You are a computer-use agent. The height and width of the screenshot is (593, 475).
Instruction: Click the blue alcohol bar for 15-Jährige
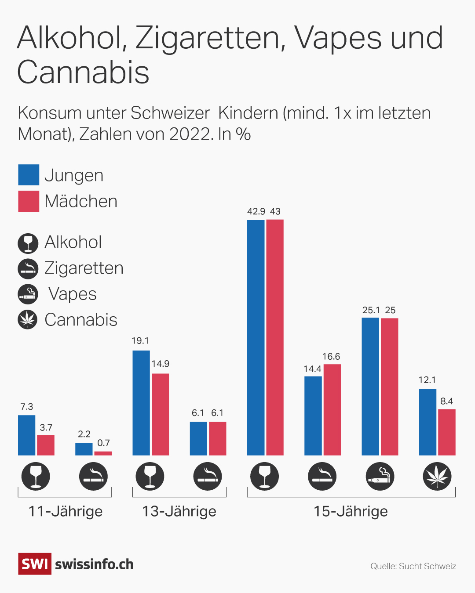pos(256,337)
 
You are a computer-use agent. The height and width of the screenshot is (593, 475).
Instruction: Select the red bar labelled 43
pos(275,337)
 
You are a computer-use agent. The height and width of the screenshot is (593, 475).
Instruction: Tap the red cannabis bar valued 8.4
pos(446,432)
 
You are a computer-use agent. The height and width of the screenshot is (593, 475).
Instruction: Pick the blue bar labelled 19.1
pos(141,403)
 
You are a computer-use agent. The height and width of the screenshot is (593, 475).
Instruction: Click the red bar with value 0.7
pos(103,453)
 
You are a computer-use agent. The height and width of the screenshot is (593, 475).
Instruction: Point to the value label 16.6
pos(331,357)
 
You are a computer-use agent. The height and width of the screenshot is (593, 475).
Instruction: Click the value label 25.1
pos(371,310)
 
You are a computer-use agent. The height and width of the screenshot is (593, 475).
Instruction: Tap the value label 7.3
pos(27,407)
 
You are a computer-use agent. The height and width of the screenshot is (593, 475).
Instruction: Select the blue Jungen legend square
pos(29,175)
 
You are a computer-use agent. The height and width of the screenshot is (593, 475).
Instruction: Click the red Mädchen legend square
pos(29,201)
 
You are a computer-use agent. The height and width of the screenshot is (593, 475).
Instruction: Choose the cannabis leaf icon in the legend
pos(28,319)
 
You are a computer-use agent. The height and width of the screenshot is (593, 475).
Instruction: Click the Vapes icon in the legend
pos(28,294)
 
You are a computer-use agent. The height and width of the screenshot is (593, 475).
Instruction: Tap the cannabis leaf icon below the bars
pos(437,477)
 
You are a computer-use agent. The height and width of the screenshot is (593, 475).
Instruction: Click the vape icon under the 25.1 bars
pos(380,477)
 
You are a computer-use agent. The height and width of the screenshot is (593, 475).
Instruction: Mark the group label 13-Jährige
pos(179,511)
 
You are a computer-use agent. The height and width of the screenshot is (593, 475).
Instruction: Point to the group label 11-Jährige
pos(65,511)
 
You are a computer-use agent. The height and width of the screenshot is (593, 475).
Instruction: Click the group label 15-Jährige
pos(351,511)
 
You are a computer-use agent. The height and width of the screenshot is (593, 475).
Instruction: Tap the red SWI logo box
pos(35,564)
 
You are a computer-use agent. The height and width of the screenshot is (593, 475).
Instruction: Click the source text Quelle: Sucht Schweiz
pos(413,566)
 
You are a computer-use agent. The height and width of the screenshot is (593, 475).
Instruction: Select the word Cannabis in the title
pos(84,72)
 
